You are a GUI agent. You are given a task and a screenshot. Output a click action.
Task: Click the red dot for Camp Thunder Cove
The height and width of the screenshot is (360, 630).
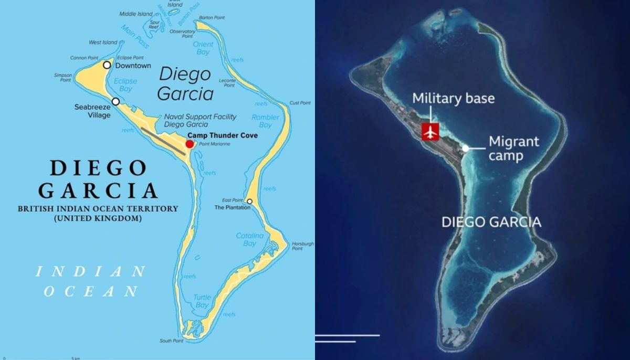(190, 144)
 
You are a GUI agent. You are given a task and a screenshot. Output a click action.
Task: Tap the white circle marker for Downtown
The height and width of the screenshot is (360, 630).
(107, 65)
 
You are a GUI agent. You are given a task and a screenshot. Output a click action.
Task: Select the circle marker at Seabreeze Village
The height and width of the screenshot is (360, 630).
(115, 101)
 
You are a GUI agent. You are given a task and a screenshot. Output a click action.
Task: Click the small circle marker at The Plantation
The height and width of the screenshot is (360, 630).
(249, 202)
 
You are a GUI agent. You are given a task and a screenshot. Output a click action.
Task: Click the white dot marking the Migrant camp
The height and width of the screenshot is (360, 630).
(465, 149)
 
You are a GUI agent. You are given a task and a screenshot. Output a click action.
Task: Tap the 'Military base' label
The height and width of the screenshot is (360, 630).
(453, 98)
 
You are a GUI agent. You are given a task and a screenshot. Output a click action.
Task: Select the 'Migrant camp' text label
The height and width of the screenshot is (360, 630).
(513, 149)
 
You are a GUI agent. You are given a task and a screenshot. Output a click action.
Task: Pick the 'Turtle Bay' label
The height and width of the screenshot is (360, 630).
(202, 301)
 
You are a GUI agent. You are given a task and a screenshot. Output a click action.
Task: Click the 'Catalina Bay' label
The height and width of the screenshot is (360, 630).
(250, 239)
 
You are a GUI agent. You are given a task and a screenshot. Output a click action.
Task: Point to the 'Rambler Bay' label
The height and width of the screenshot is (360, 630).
(266, 121)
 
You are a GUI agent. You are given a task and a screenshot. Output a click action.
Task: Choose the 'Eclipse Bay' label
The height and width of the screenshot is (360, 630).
(125, 85)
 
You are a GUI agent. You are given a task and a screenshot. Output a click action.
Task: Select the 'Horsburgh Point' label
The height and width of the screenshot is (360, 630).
(303, 246)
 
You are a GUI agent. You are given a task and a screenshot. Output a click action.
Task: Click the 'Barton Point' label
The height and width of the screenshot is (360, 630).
(212, 17)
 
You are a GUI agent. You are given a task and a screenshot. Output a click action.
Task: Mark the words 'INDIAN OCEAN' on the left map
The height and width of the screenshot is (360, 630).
(90, 281)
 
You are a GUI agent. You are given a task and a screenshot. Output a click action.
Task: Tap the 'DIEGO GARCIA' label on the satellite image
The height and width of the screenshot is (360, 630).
(491, 221)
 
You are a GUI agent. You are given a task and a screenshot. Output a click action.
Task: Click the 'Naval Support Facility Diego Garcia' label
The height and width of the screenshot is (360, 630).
(200, 121)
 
